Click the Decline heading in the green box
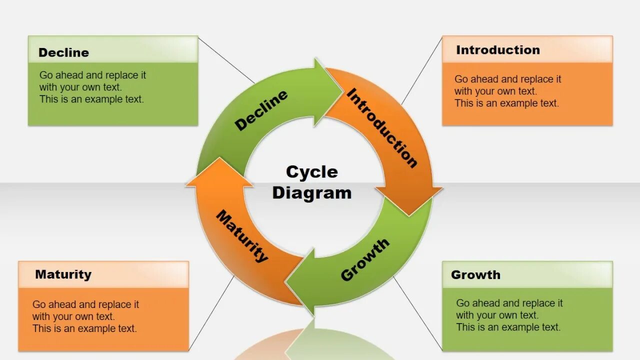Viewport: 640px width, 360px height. (63, 52)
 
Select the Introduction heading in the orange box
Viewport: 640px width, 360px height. (498, 50)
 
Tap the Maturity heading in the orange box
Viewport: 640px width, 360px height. (63, 274)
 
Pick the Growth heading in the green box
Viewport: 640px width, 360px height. (475, 274)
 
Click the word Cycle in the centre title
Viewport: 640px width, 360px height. (312, 172)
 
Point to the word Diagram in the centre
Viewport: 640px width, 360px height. (312, 193)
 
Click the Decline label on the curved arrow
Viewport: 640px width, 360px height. (261, 110)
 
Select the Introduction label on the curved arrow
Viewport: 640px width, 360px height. (382, 127)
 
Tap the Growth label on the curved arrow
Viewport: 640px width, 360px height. (364, 259)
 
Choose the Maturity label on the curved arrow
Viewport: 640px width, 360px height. (242, 236)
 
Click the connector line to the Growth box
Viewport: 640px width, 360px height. (417, 312)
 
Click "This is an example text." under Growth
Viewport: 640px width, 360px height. (508, 327)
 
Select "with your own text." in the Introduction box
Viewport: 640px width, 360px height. (495, 91)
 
